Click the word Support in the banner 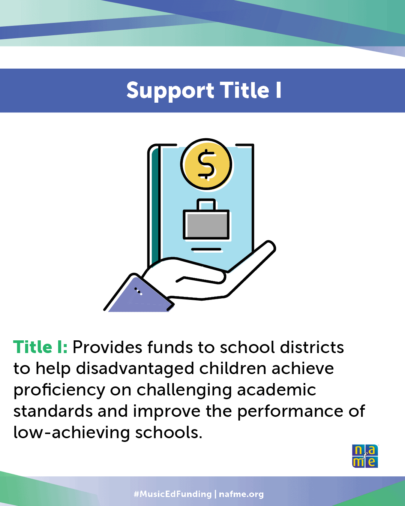(170, 91)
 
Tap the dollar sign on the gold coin (206, 164)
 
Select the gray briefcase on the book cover (206, 224)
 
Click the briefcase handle (206, 204)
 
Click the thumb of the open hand (200, 278)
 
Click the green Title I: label (40, 347)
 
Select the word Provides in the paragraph (107, 347)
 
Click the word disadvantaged (135, 369)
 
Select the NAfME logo (365, 456)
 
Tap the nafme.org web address (241, 494)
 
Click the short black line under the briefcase (206, 249)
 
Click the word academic (276, 390)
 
